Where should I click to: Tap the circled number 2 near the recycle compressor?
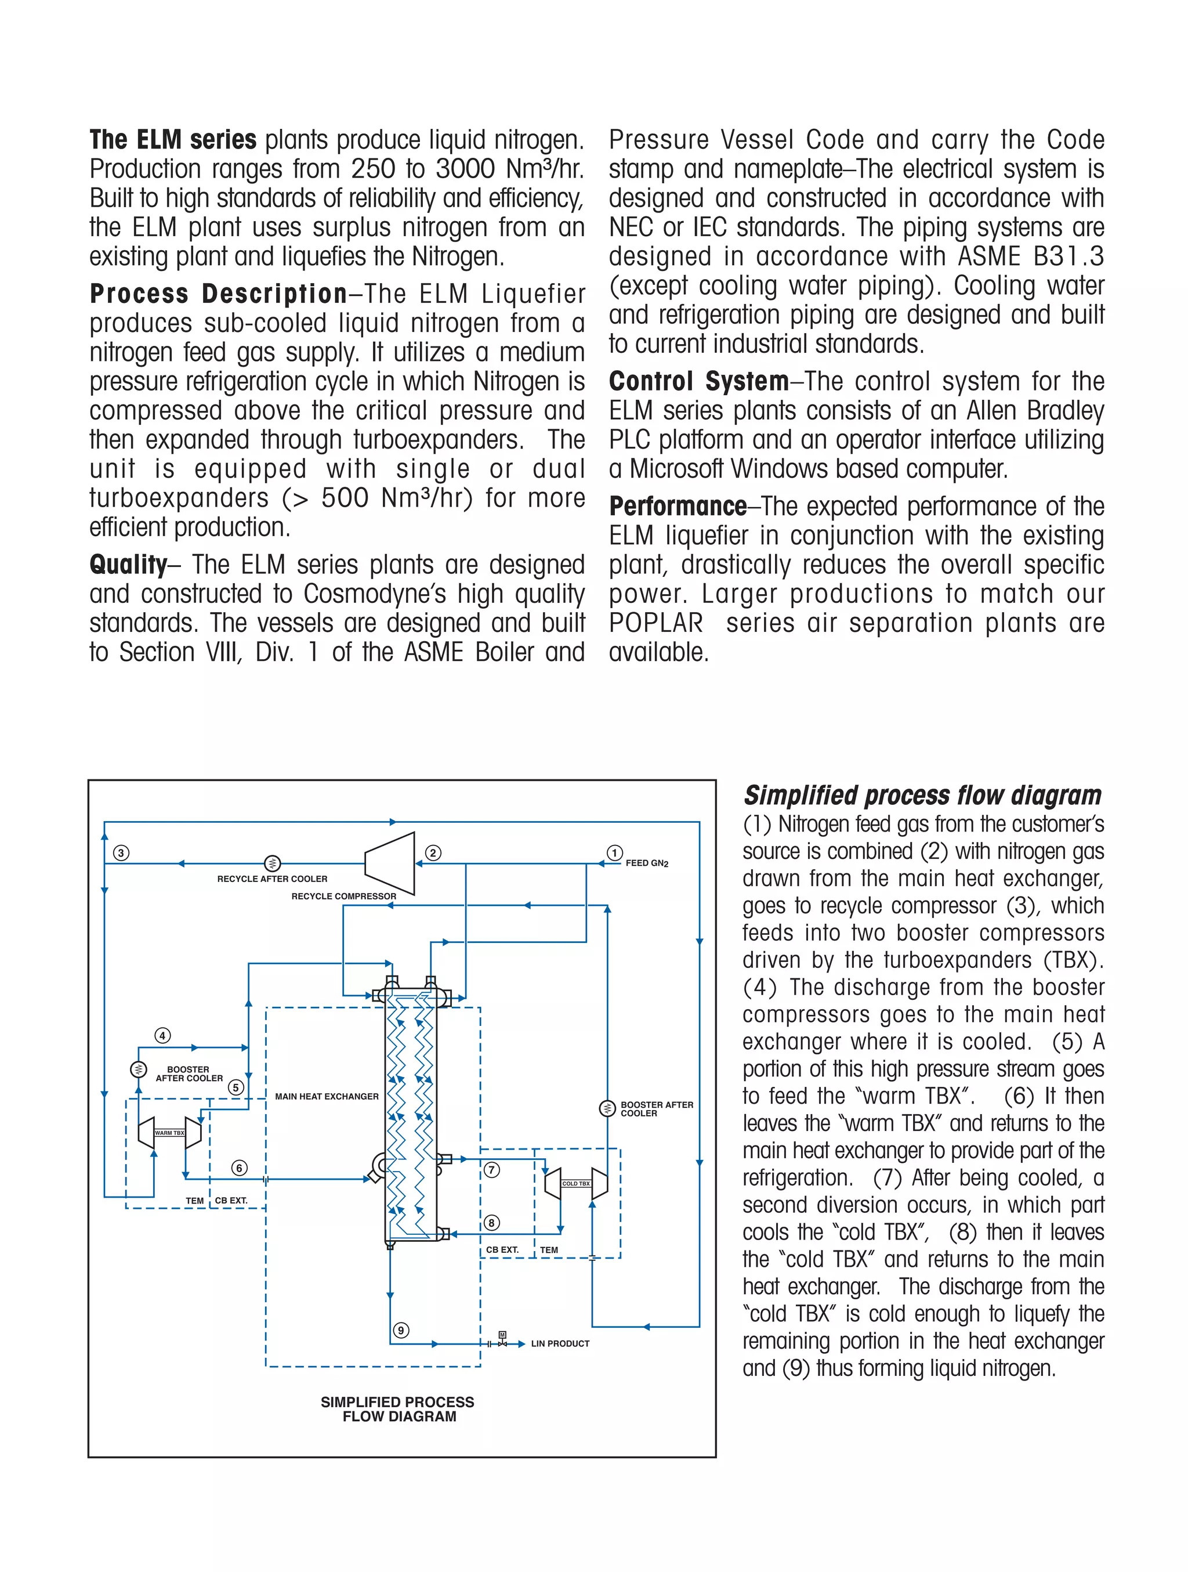433,853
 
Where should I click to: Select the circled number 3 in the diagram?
121,853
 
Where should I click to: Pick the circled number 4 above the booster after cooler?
162,1035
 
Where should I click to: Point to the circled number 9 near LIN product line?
401,1331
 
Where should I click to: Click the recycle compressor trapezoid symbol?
389,863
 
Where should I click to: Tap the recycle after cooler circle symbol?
272,863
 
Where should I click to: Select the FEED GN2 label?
647,863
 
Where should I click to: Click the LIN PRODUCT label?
560,1344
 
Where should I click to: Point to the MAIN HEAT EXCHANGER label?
327,1097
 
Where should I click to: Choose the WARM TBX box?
169,1133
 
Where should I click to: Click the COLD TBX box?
575,1183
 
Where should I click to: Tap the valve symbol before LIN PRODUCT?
502,1342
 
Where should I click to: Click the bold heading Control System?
698,382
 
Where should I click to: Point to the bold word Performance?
678,507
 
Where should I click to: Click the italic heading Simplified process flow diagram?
922,795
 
